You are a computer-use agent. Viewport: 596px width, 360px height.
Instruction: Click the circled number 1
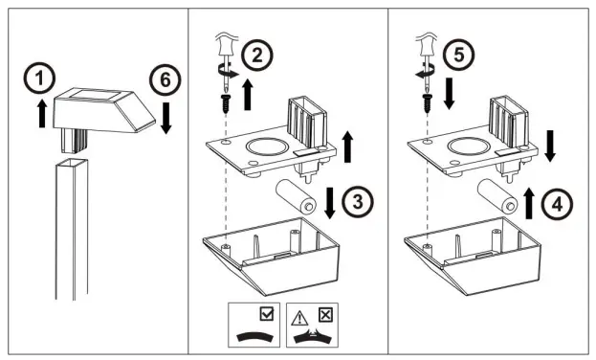pos(39,78)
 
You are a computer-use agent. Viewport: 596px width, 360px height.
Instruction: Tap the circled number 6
pos(165,79)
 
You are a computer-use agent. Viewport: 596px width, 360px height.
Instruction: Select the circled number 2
pos(257,56)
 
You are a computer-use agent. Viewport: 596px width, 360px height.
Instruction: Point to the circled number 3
pos(357,202)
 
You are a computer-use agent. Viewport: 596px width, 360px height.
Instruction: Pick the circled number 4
pos(557,205)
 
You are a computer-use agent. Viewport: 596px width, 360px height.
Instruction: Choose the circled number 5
pos(459,55)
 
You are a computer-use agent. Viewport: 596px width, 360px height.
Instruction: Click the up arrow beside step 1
pos(42,113)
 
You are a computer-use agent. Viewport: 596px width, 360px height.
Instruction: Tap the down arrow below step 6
pos(166,118)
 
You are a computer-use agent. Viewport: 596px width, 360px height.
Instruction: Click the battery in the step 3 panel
pos(296,196)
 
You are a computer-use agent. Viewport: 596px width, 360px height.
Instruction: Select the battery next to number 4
pos(497,196)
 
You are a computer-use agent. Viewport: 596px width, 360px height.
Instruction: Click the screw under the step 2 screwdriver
pos(226,103)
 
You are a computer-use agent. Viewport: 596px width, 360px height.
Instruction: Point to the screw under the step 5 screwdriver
pos(427,103)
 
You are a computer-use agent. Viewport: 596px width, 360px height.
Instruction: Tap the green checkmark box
pos(267,314)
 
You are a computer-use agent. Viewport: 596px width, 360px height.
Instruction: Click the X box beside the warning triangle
pos(325,315)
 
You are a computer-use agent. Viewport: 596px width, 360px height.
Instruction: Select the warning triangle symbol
pos(299,318)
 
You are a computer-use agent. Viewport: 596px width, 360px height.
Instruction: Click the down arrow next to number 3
pos(329,203)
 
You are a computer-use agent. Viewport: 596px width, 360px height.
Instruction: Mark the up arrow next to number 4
pos(529,203)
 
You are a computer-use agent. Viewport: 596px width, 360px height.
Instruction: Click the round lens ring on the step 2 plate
pos(266,146)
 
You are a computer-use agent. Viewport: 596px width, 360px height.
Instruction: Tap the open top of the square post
pos(72,164)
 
